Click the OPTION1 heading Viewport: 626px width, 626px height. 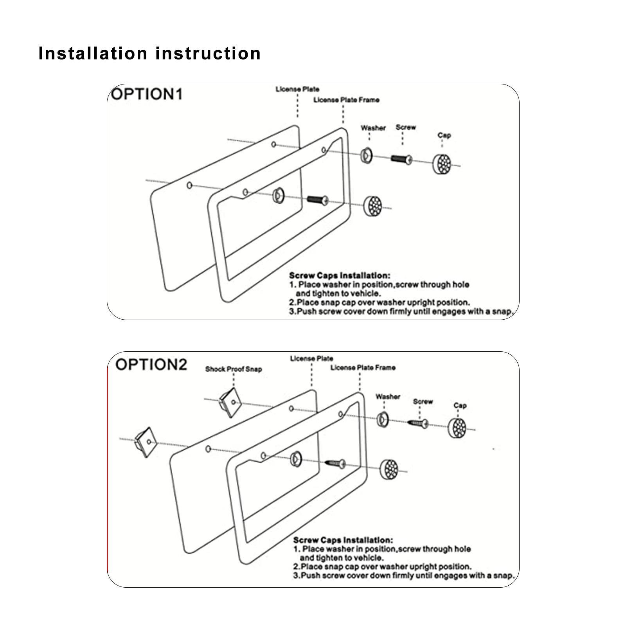click(x=147, y=94)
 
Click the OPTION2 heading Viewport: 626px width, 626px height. click(x=151, y=364)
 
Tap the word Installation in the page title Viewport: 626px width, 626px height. click(x=93, y=53)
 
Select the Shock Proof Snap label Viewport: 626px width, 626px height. click(x=234, y=369)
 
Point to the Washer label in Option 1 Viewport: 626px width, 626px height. click(x=373, y=128)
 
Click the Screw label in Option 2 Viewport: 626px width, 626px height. click(x=423, y=401)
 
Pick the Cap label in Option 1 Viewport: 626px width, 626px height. click(x=444, y=135)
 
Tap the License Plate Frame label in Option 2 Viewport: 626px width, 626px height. click(x=363, y=368)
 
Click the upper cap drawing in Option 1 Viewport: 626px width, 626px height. click(x=442, y=164)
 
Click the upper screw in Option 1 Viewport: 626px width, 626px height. click(x=401, y=158)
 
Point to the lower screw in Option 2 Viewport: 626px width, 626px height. click(x=336, y=464)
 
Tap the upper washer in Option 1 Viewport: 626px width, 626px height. click(x=367, y=156)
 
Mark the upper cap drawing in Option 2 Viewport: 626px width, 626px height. click(x=457, y=428)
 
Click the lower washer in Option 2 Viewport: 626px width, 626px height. click(x=296, y=458)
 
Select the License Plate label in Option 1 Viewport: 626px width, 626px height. click(x=297, y=90)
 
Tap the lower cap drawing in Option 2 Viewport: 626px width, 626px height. click(x=389, y=469)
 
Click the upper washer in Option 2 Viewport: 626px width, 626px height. click(x=382, y=419)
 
